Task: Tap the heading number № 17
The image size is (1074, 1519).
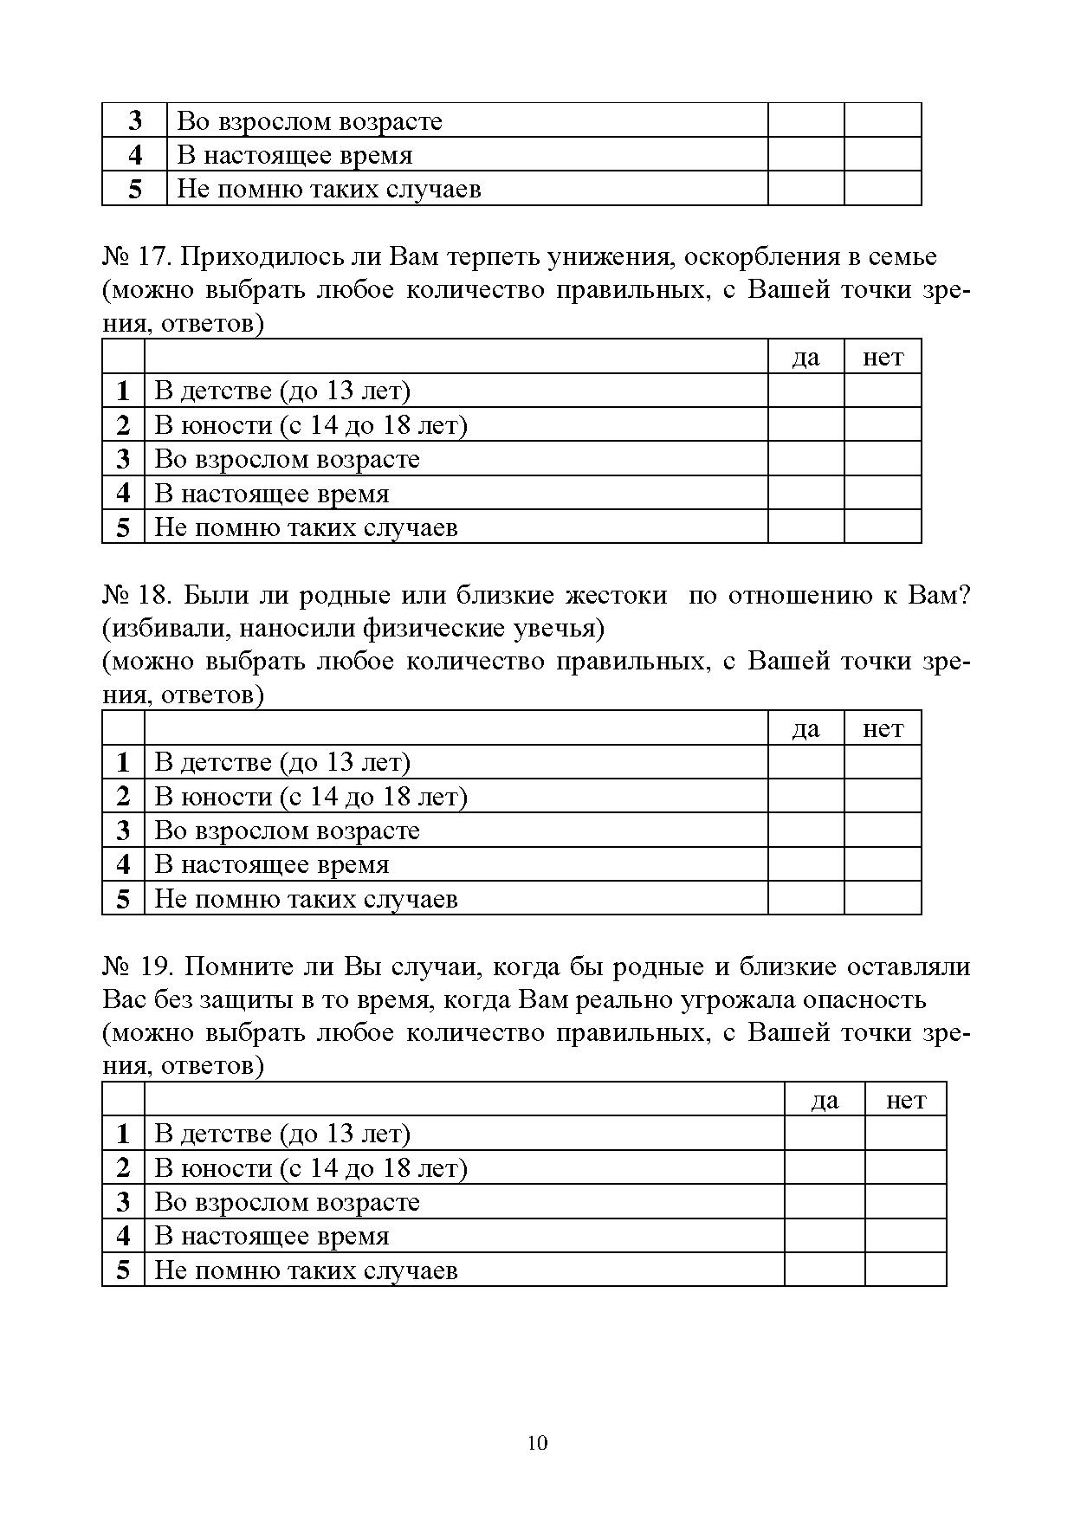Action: [x=139, y=257]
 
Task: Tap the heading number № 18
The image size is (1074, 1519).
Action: [x=139, y=596]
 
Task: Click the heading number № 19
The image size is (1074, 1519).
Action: [x=139, y=966]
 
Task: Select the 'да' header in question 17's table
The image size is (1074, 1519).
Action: [x=805, y=358]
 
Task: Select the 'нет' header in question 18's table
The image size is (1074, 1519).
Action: [x=883, y=729]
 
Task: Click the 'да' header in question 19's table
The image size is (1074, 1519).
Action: [x=825, y=1101]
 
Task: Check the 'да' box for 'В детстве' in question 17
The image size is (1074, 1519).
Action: [x=805, y=391]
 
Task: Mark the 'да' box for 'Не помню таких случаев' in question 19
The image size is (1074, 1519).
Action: [x=825, y=1270]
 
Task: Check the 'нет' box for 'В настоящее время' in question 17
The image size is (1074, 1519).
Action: [x=883, y=494]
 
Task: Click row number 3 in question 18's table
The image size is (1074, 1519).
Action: [x=123, y=831]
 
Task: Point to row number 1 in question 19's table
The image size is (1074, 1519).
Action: [x=123, y=1134]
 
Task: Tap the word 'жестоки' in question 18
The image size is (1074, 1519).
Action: [x=616, y=596]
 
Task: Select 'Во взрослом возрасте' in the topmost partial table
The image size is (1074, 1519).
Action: [x=309, y=121]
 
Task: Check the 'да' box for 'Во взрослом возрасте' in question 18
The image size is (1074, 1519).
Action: [x=805, y=831]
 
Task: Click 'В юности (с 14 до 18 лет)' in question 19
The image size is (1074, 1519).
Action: [x=310, y=1168]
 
